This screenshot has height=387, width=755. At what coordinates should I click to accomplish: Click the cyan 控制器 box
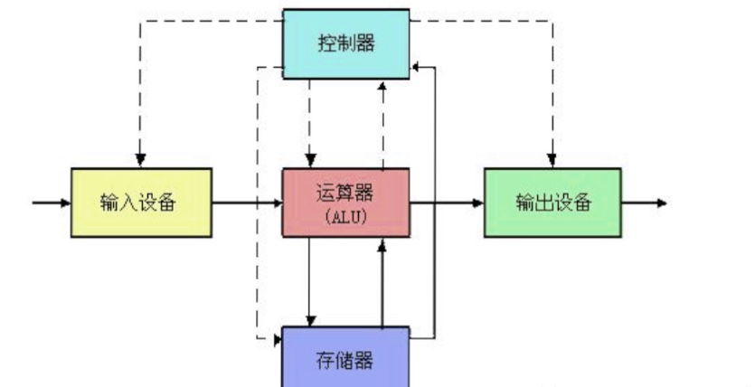346,42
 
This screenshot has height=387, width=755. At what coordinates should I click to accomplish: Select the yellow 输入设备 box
142,202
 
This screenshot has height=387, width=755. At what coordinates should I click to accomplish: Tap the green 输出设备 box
552,202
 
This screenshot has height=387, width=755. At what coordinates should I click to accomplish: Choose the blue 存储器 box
346,359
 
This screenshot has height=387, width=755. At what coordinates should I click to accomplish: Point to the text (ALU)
345,216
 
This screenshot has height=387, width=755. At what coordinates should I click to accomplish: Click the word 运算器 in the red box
345,192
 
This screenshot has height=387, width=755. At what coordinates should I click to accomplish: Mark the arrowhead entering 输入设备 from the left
64,202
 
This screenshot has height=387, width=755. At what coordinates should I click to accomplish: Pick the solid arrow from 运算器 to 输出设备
447,202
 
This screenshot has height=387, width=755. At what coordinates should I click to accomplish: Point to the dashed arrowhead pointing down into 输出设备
551,160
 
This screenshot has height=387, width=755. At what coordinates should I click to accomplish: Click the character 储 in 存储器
346,361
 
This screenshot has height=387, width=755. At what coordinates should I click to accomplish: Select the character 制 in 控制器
345,42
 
